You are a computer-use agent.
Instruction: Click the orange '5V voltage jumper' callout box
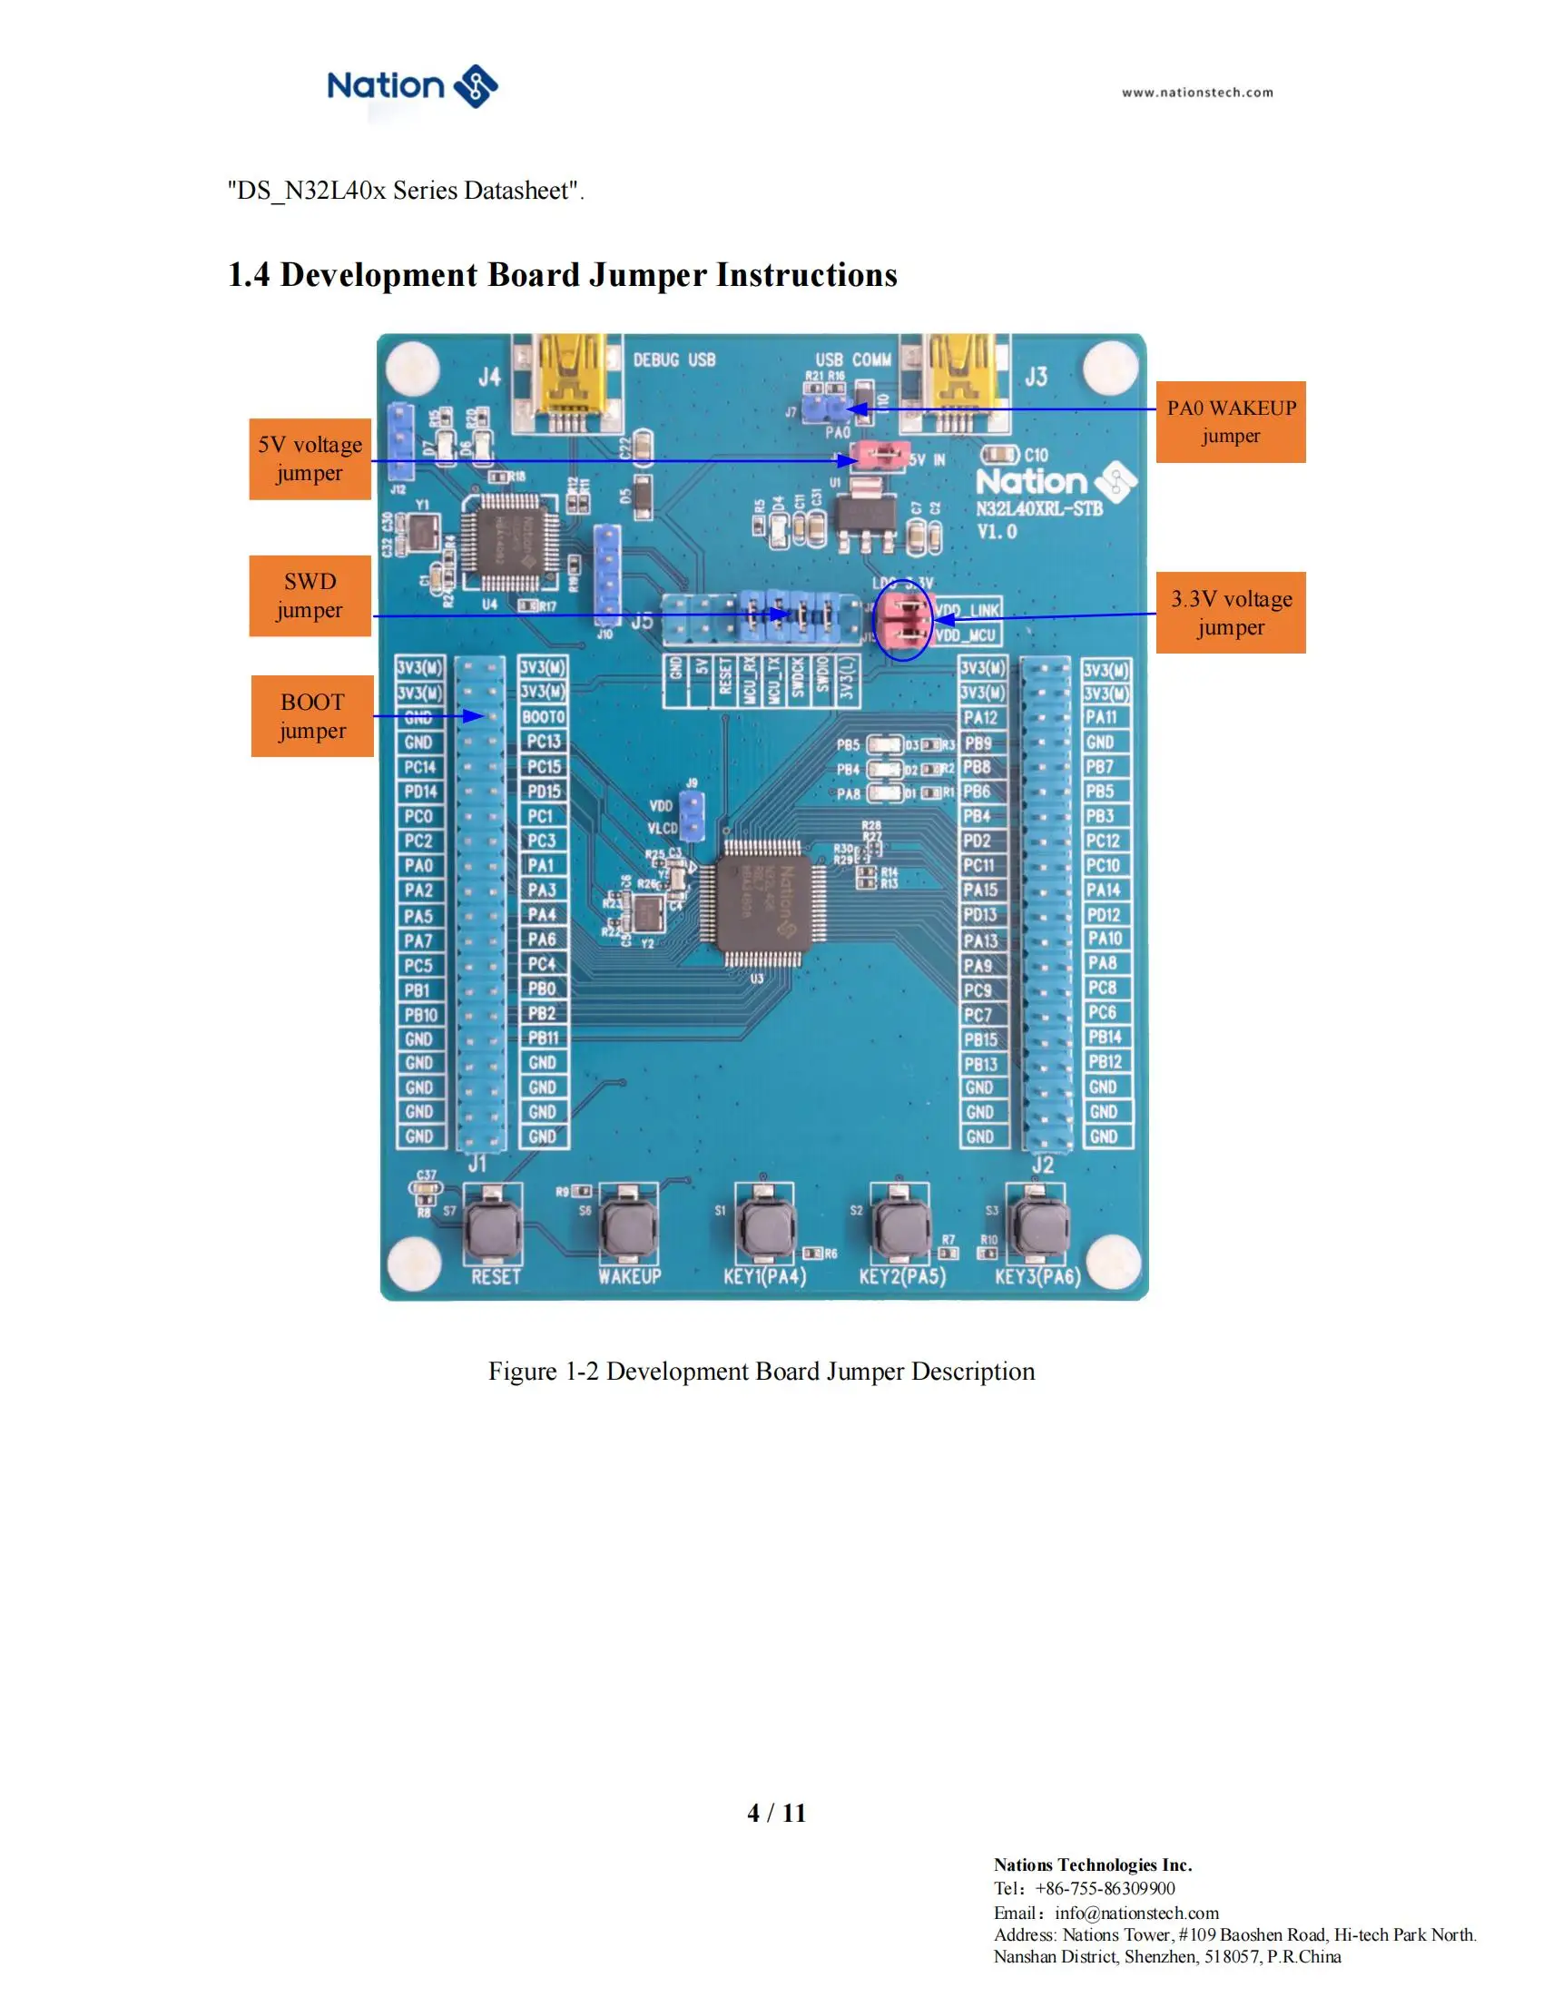[310, 459]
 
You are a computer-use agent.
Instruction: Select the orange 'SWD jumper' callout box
[310, 595]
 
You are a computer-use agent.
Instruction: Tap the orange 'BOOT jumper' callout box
[311, 716]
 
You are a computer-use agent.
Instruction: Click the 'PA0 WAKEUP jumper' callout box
[1231, 421]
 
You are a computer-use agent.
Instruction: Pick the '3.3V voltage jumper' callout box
[1231, 613]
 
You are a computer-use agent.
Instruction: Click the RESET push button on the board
[494, 1228]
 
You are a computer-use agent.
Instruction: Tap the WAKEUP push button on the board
[629, 1228]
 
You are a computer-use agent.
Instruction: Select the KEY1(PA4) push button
[764, 1228]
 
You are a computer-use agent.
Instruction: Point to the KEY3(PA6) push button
[1037, 1228]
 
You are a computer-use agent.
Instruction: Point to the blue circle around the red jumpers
[902, 621]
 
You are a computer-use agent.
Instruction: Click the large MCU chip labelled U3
[763, 903]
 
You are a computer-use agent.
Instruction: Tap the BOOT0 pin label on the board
[544, 717]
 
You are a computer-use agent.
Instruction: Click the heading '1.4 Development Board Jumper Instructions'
[562, 275]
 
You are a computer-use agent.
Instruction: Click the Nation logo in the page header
[412, 87]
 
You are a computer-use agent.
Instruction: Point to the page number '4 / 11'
[776, 1814]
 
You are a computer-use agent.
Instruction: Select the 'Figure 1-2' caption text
[762, 1372]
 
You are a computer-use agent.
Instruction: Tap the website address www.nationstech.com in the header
[1197, 93]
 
